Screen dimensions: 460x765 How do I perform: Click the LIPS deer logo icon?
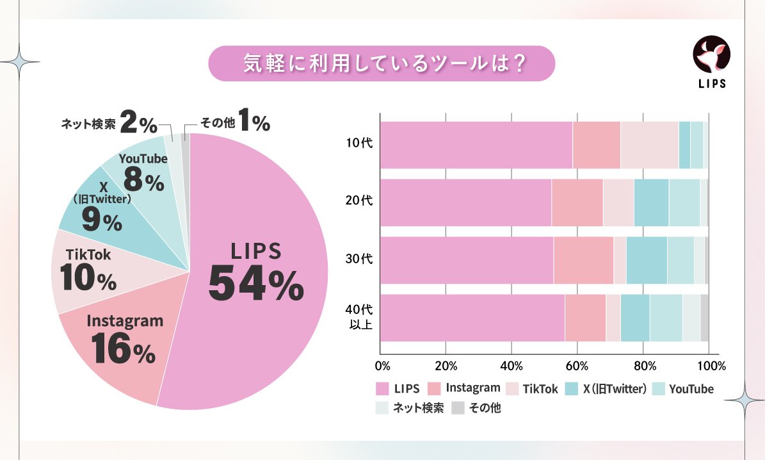711,54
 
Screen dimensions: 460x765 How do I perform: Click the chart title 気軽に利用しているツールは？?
382,63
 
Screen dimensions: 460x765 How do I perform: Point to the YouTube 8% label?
143,173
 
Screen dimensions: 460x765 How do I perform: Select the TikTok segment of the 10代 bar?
649,145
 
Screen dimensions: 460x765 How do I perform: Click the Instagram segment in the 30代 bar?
583,260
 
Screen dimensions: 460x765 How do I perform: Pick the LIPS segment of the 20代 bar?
465,202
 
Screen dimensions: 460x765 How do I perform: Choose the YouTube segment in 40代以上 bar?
666,318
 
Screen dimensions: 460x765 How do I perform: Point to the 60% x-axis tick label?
578,367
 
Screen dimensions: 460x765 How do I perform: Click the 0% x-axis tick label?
382,367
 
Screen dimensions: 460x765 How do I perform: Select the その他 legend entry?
477,408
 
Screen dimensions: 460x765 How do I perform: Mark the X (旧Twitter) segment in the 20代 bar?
651,202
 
